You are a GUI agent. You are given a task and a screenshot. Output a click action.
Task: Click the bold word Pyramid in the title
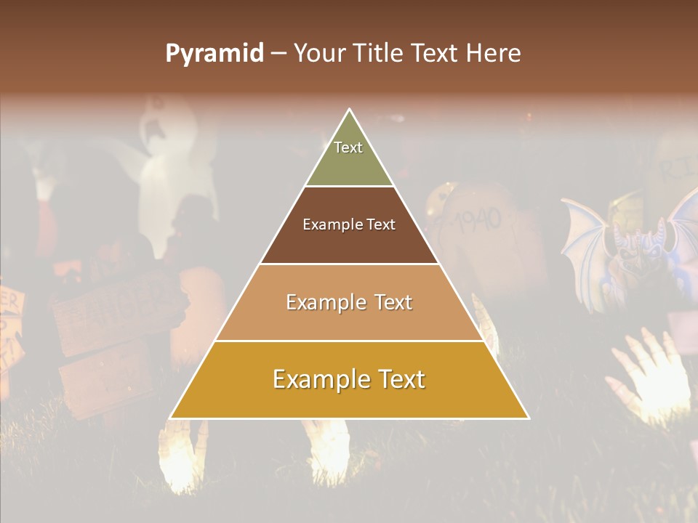(214, 54)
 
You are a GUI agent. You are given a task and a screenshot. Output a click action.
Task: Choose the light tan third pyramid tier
(349, 320)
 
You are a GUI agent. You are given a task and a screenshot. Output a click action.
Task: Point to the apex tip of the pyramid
(350, 110)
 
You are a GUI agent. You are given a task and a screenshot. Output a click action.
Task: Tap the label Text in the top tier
(348, 147)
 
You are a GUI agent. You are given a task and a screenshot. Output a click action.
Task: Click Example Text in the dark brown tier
(349, 224)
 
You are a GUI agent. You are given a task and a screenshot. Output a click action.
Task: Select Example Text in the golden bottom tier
(349, 379)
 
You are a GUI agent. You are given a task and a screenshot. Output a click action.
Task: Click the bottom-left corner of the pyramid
(171, 418)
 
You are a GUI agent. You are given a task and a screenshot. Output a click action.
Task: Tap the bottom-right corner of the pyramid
(528, 418)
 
